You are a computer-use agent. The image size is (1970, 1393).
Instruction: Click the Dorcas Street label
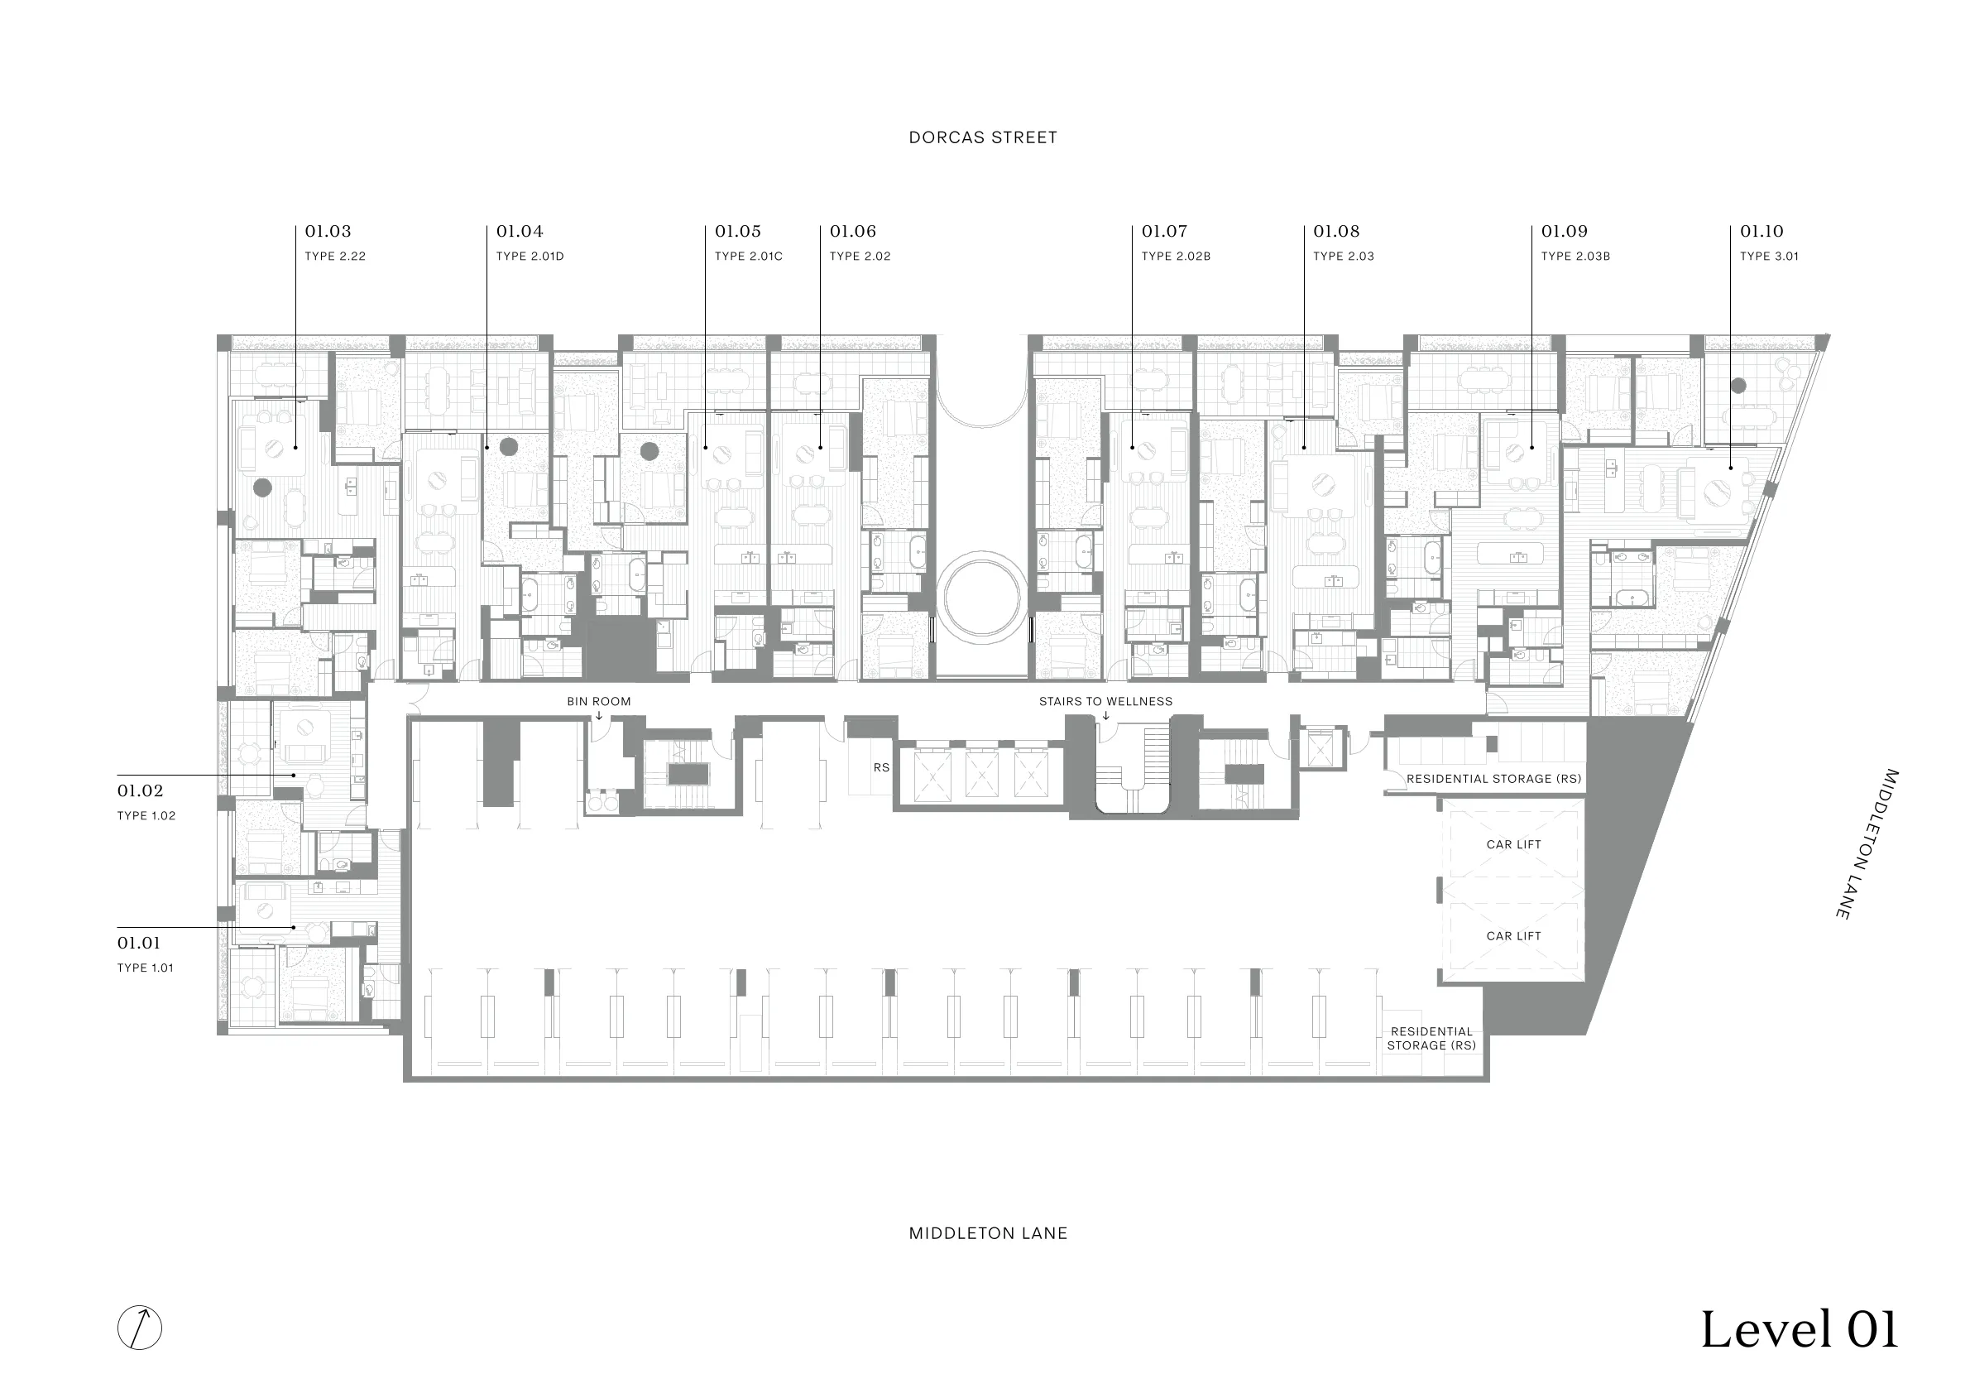(x=982, y=137)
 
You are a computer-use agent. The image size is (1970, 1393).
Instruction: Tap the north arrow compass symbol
(x=139, y=1327)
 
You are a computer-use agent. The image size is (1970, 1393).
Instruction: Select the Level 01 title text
(x=1800, y=1329)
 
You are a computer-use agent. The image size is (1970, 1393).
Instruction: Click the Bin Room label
(x=599, y=701)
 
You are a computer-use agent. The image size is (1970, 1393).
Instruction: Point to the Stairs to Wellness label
(x=1105, y=701)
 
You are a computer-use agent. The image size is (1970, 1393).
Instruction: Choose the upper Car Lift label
(x=1513, y=844)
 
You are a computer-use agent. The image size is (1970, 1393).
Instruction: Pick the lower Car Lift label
(x=1513, y=936)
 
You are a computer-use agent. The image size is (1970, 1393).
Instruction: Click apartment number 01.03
(x=328, y=231)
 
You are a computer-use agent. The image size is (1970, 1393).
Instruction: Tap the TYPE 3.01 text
(x=1769, y=256)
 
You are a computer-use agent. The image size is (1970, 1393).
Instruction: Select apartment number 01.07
(x=1164, y=231)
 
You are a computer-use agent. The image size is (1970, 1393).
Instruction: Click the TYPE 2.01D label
(x=530, y=256)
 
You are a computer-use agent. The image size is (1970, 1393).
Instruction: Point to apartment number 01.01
(x=139, y=943)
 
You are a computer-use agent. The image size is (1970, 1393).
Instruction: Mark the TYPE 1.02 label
(x=146, y=815)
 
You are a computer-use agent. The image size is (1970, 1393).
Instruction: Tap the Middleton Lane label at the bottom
(x=988, y=1233)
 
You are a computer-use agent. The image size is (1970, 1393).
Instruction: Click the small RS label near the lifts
(x=881, y=767)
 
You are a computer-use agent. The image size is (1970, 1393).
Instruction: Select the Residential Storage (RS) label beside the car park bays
(x=1431, y=1039)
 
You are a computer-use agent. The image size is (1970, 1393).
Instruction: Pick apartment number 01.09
(x=1564, y=231)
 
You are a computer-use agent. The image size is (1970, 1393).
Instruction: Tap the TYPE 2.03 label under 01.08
(x=1344, y=256)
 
